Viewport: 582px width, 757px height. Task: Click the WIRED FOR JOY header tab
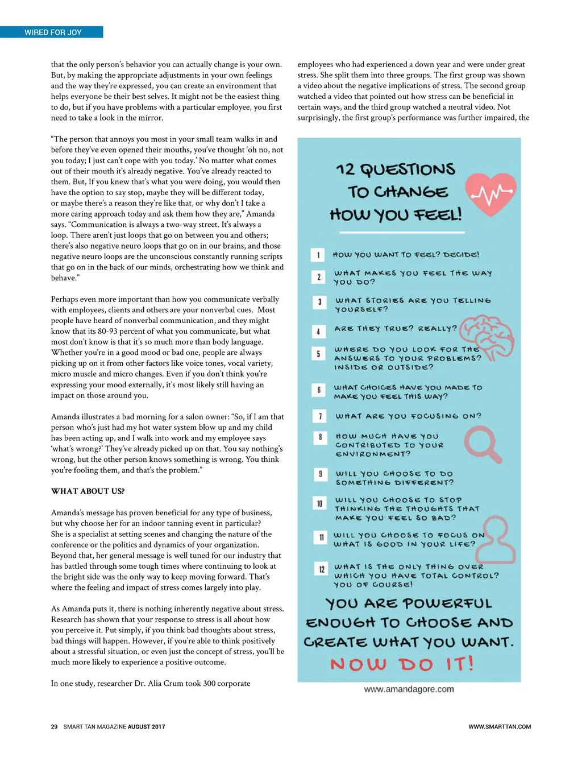[x=52, y=32]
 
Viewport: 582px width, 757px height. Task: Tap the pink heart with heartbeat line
[x=490, y=194]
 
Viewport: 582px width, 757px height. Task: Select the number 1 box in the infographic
[x=318, y=255]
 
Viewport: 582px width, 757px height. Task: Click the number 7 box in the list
[x=319, y=416]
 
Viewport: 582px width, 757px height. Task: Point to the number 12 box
[x=321, y=569]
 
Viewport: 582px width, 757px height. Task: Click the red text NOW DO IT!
[x=402, y=664]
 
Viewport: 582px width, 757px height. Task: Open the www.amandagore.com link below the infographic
[x=409, y=689]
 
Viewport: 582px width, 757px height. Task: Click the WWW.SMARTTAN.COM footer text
[x=500, y=727]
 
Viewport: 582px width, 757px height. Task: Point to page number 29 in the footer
[x=54, y=727]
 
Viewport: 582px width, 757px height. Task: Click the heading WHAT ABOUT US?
[x=88, y=491]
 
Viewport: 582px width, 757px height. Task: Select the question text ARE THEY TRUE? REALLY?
[x=396, y=329]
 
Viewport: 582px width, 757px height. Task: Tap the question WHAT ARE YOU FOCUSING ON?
[x=408, y=416]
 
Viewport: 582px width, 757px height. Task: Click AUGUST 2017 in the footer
[x=146, y=727]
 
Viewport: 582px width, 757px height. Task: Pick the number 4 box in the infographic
[x=318, y=331]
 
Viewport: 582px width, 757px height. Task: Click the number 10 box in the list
[x=319, y=503]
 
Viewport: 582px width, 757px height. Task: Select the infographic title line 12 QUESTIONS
[x=396, y=169]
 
